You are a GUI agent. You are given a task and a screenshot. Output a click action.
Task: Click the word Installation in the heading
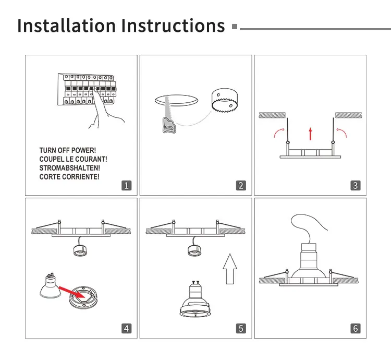[x=66, y=26]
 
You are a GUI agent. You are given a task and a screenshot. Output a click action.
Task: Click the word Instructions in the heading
[x=173, y=26]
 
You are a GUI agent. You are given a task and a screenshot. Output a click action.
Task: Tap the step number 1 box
[x=126, y=185]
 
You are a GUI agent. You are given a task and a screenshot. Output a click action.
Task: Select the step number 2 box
[x=240, y=185]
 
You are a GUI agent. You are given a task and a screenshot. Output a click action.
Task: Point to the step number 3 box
[x=355, y=185]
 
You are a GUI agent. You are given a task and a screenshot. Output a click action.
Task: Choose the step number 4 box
[x=126, y=328]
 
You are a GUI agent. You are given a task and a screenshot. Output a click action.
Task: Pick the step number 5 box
[x=240, y=328]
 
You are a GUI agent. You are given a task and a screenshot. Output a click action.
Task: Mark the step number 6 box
[x=355, y=328]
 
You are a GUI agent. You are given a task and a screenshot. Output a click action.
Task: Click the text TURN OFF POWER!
[x=68, y=151]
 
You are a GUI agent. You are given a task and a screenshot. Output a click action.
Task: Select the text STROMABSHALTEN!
[x=69, y=168]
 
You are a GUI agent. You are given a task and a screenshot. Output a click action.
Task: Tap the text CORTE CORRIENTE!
[x=69, y=177]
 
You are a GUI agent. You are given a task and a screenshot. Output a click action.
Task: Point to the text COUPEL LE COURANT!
[x=74, y=160]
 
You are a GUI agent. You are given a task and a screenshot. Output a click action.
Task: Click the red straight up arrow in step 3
[x=311, y=133]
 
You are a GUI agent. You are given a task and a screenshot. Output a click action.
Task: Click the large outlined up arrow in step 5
[x=230, y=269]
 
